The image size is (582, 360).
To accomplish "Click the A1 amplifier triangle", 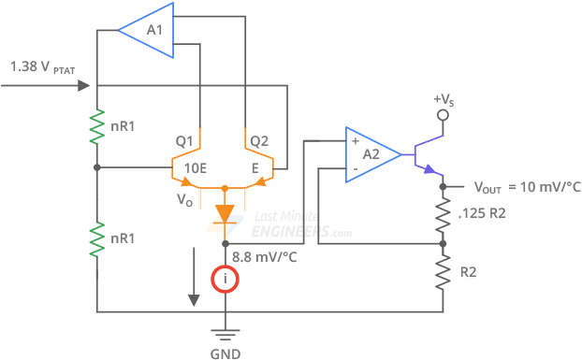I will pyautogui.click(x=150, y=31).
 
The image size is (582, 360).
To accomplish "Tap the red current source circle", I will pyautogui.click(x=225, y=279).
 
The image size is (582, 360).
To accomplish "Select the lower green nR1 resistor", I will pyautogui.click(x=96, y=238).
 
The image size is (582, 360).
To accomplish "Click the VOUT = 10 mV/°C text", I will pyautogui.click(x=527, y=187).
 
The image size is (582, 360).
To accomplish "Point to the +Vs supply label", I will pyautogui.click(x=445, y=100).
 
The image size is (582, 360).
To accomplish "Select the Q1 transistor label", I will pyautogui.click(x=184, y=141).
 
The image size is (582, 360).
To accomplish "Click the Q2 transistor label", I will pyautogui.click(x=258, y=141).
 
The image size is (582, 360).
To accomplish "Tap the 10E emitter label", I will pyautogui.click(x=196, y=168).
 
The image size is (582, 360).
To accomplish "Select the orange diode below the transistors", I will pyautogui.click(x=225, y=214).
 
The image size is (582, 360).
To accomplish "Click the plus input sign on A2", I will pyautogui.click(x=354, y=141).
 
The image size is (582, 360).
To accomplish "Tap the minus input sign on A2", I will pyautogui.click(x=354, y=169).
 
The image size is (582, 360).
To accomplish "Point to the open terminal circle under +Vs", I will pyautogui.click(x=445, y=117).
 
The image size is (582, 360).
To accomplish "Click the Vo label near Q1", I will pyautogui.click(x=184, y=198).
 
